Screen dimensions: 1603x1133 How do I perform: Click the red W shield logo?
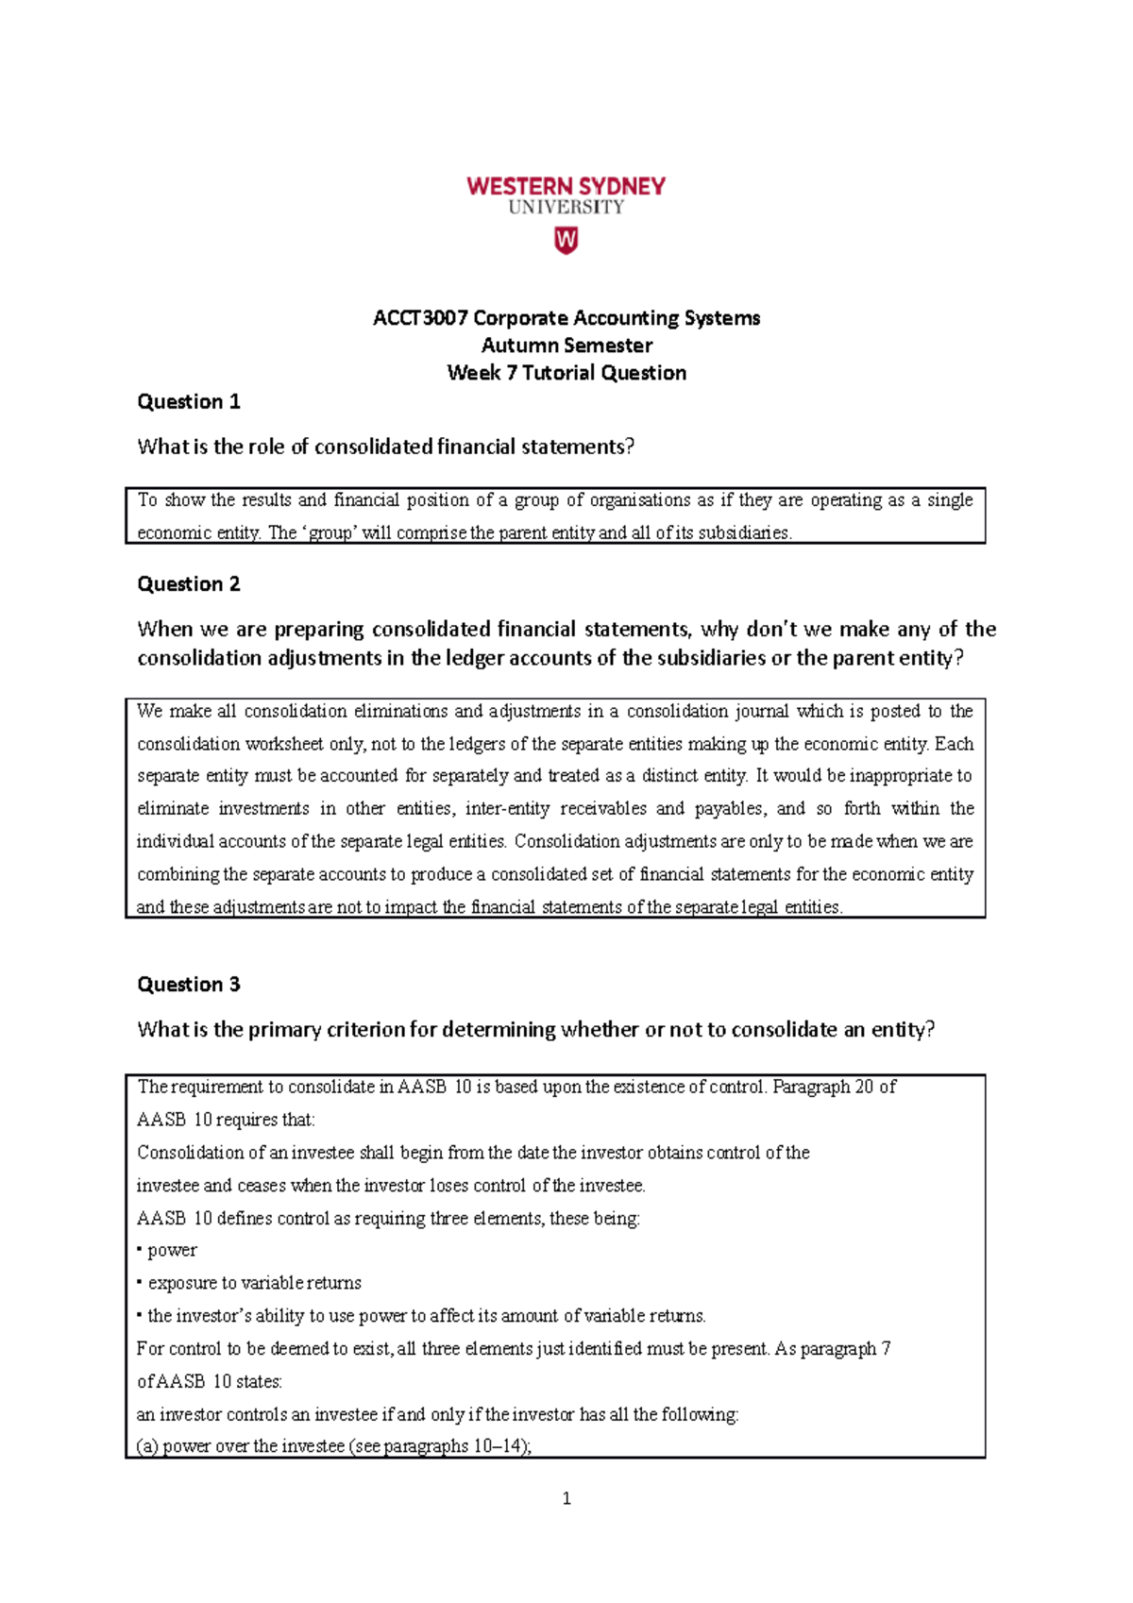tap(566, 241)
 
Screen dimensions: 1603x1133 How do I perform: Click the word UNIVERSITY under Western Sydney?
tap(566, 208)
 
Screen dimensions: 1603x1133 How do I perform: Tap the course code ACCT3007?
tap(420, 318)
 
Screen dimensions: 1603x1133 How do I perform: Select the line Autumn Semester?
tap(566, 346)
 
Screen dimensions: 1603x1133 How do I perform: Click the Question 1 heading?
tap(189, 402)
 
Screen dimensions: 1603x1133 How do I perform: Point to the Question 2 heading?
tap(189, 584)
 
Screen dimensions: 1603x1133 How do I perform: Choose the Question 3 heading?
tap(189, 985)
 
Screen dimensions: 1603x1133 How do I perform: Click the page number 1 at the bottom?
tap(566, 1498)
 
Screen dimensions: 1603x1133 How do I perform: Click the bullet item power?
tap(172, 1250)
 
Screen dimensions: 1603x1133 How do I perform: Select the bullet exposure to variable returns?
tap(254, 1283)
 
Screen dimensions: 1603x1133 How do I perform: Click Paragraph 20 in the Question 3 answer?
tap(822, 1087)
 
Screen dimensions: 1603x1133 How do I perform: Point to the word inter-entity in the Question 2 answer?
tap(507, 809)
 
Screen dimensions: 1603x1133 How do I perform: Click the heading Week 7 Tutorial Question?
tap(566, 373)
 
